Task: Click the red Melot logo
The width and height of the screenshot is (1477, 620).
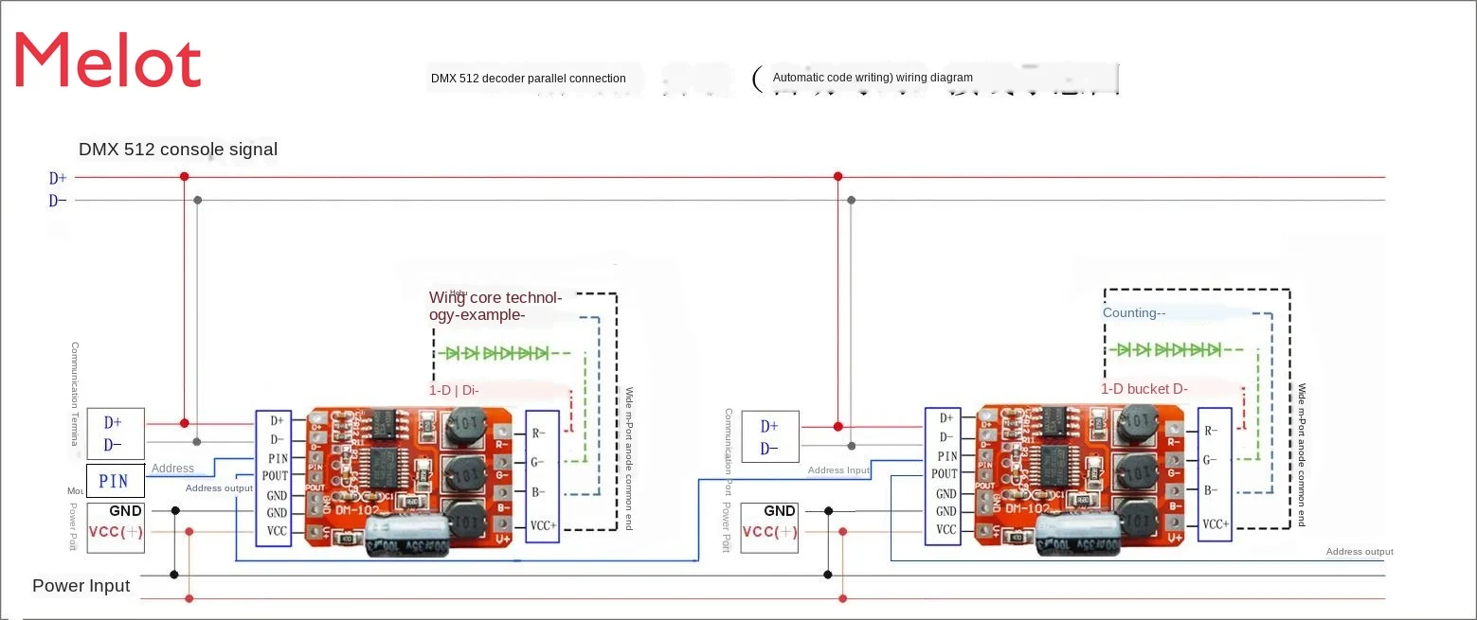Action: (x=107, y=60)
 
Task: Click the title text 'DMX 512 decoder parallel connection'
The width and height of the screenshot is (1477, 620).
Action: (x=528, y=79)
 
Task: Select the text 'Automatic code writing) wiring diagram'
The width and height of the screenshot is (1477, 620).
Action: (x=872, y=78)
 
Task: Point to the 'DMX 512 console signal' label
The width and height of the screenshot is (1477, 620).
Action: (x=178, y=150)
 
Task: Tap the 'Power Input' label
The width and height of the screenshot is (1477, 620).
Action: (x=81, y=586)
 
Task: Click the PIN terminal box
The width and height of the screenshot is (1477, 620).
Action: (x=115, y=481)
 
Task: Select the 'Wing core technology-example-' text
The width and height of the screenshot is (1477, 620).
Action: (x=495, y=307)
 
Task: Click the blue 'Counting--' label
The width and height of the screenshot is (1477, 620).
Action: (x=1133, y=313)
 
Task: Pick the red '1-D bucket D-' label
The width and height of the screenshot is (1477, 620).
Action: (x=1144, y=389)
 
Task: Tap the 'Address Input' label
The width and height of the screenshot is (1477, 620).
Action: (x=838, y=470)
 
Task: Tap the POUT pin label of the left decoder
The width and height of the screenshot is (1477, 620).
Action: (x=275, y=476)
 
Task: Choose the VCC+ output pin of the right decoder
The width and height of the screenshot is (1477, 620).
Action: (x=1215, y=523)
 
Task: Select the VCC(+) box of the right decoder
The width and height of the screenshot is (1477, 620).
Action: (x=768, y=532)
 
